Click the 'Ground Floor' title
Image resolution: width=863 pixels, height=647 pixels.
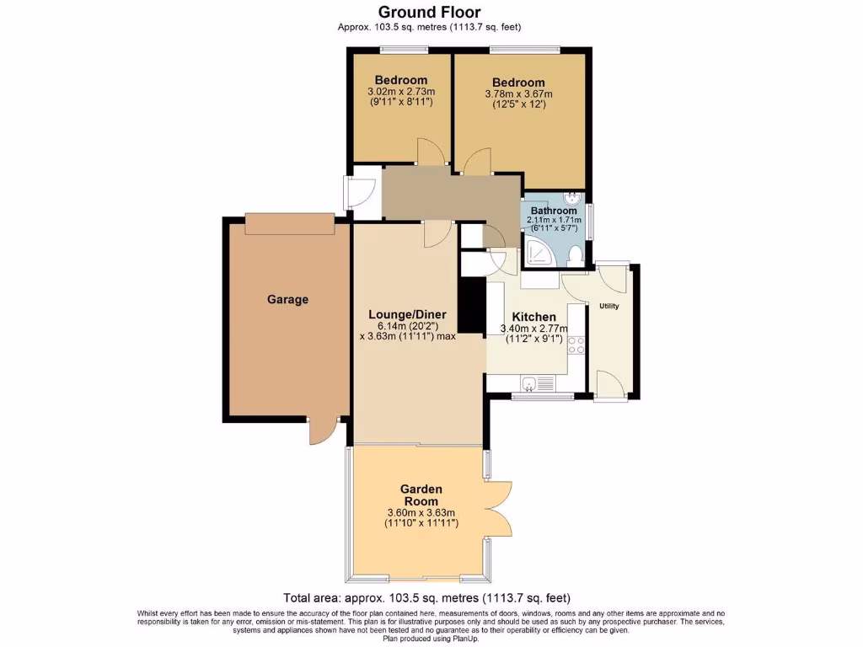[x=429, y=12]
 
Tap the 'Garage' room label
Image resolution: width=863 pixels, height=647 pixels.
[x=288, y=299]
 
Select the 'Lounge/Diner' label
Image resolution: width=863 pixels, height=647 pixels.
[x=407, y=314]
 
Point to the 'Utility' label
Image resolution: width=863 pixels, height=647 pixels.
[x=608, y=306]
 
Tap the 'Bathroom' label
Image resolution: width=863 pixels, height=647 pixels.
[x=554, y=211]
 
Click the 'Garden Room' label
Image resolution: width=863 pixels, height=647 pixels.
[x=421, y=495]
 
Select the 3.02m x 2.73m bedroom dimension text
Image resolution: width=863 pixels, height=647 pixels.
[x=401, y=92]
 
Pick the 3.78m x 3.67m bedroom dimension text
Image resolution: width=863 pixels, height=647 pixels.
[x=519, y=94]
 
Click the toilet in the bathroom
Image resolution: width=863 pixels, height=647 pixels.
[x=575, y=254]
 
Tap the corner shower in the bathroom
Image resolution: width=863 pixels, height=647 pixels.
[x=537, y=250]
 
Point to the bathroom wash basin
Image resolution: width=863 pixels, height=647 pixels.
[x=573, y=200]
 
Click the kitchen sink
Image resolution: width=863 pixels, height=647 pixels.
[x=529, y=384]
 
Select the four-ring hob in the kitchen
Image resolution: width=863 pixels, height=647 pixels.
[x=577, y=345]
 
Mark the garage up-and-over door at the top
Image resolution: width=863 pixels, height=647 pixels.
[x=289, y=224]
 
